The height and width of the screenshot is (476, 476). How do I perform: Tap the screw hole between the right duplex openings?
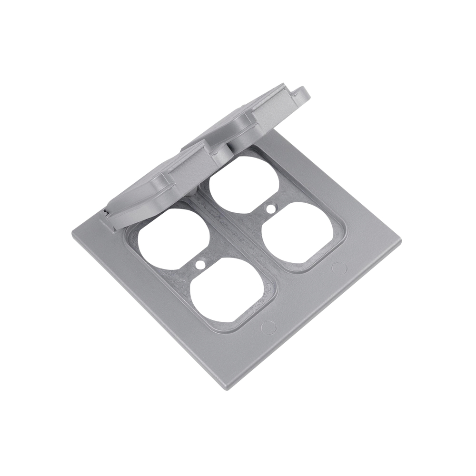(x=271, y=208)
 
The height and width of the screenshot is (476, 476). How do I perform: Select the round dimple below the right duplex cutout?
(x=339, y=268)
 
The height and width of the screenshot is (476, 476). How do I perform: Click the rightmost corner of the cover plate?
(x=400, y=241)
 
